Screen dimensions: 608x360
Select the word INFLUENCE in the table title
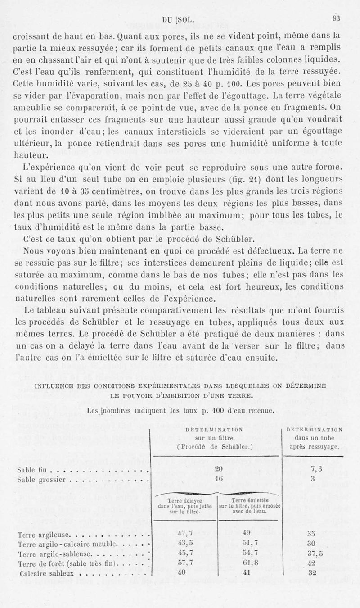point(54,386)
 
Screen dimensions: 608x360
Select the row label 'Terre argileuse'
point(40,535)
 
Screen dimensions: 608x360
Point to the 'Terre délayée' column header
point(183,499)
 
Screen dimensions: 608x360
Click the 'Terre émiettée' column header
point(250,499)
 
